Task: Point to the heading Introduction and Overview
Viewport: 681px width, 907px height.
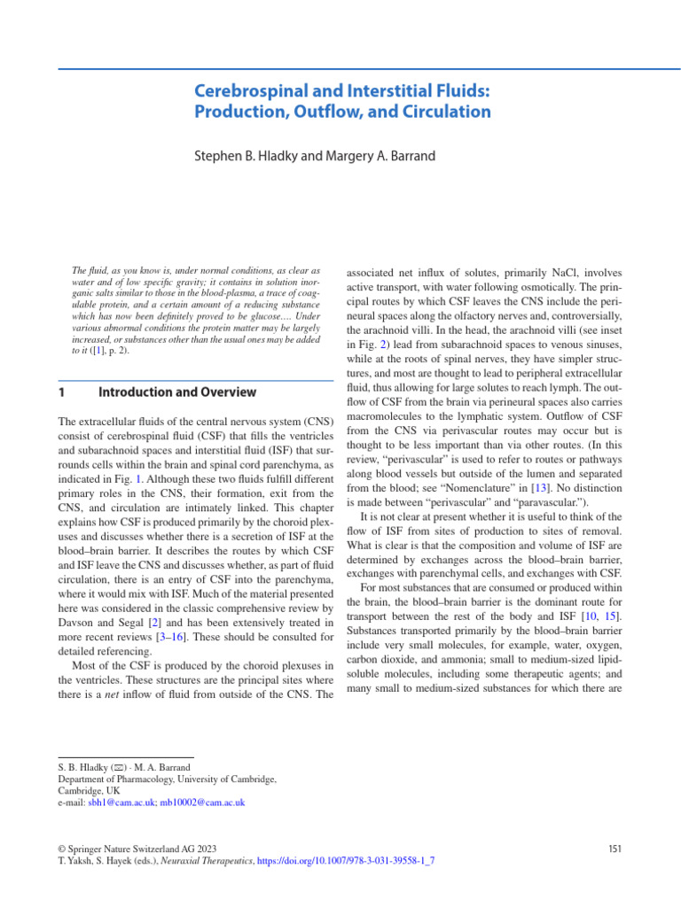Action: click(177, 392)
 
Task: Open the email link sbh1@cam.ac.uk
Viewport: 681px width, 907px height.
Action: click(120, 802)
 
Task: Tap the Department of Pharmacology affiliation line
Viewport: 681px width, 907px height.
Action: click(167, 779)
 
